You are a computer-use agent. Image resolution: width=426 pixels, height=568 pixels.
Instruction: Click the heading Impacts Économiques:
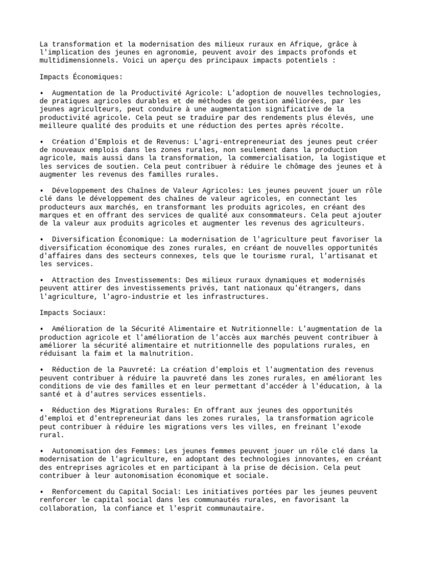(81, 77)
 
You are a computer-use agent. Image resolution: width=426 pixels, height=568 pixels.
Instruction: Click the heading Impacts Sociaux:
(72, 313)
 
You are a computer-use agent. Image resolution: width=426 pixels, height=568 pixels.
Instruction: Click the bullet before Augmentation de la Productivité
(42, 93)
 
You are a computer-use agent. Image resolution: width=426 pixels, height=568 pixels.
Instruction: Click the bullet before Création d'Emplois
(42, 142)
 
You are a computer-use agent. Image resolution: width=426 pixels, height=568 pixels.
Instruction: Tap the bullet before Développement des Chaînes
(42, 191)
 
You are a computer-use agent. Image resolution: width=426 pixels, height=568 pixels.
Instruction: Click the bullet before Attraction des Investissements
(42, 280)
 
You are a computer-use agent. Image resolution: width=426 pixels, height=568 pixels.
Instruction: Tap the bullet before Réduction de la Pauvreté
(42, 369)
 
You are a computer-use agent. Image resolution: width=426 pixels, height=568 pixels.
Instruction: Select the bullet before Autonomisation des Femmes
(42, 451)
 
